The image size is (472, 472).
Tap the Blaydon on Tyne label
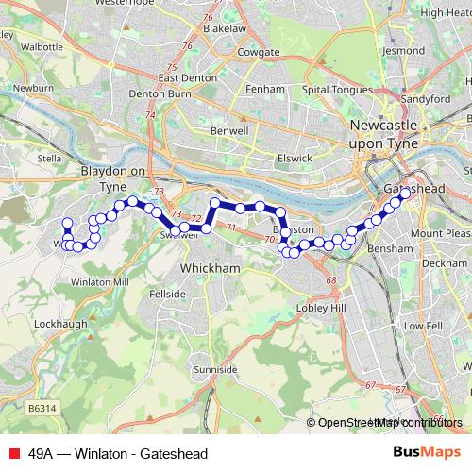113,178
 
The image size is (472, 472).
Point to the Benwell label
231,130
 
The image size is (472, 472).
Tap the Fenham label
269,89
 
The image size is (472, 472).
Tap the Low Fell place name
422,326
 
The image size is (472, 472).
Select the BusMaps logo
426,452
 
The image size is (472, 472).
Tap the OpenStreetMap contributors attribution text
390,423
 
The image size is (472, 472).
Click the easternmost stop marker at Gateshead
406,194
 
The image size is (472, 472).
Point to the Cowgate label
261,52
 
